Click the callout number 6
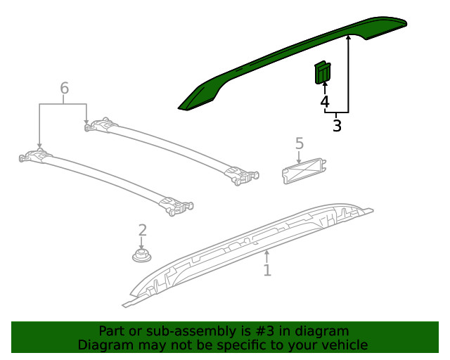point(64,89)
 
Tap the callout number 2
point(142,230)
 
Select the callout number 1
point(267,270)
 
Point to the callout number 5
point(299,143)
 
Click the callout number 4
point(324,103)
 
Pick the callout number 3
point(337,127)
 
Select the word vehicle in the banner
point(345,345)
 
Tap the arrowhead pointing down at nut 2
point(142,245)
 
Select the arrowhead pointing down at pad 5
point(299,161)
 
